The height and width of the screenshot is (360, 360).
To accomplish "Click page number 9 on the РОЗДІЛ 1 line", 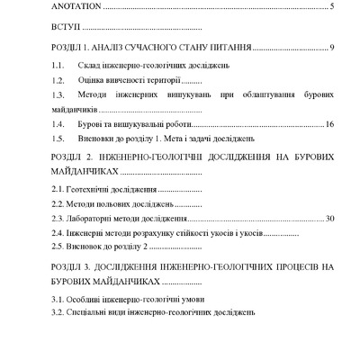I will (332, 47).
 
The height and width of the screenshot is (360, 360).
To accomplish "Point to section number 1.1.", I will (58, 66).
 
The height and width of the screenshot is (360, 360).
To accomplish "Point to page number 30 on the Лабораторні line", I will (329, 218).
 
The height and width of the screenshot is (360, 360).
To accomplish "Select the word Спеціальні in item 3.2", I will (94, 311).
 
